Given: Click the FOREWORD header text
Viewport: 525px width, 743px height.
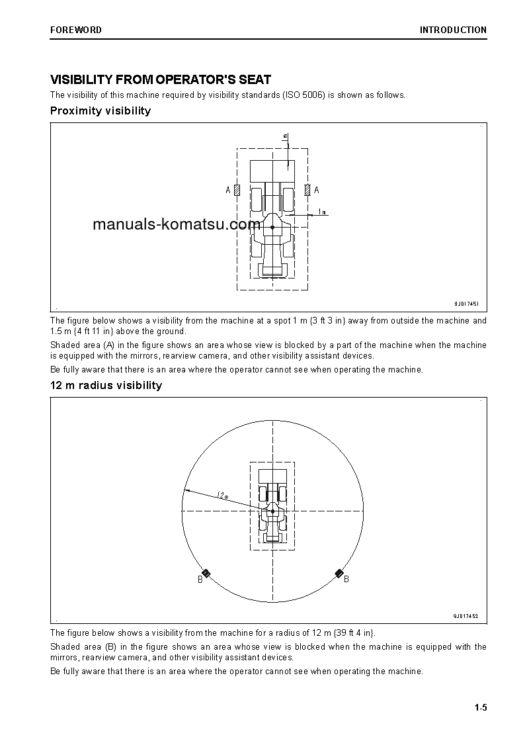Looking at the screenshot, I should pyautogui.click(x=75, y=30).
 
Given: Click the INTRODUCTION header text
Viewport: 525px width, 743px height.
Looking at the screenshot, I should pyautogui.click(x=453, y=30).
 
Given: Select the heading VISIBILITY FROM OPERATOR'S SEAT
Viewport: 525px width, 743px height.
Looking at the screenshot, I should pyautogui.click(x=161, y=79).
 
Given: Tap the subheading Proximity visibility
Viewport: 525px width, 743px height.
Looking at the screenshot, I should pyautogui.click(x=101, y=110).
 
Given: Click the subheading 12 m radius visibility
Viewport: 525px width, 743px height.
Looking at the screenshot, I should pyautogui.click(x=106, y=385).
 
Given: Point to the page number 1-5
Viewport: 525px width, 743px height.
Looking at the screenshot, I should pyautogui.click(x=480, y=708).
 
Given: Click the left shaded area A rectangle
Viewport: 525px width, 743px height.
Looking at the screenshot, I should pyautogui.click(x=237, y=190).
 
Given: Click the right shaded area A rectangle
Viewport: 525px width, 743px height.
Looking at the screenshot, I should pyautogui.click(x=307, y=190).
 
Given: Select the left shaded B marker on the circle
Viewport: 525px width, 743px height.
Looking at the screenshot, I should pyautogui.click(x=206, y=573).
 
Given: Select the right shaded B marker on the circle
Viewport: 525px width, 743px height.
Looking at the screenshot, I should pyautogui.click(x=339, y=573).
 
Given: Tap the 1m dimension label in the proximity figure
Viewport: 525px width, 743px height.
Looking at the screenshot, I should pyautogui.click(x=321, y=212).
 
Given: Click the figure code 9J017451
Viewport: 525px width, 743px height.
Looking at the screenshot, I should pyautogui.click(x=466, y=304).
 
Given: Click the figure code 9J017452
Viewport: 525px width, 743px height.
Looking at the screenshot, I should pyautogui.click(x=465, y=616).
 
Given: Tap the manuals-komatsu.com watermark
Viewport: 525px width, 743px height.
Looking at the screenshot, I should pyautogui.click(x=177, y=224).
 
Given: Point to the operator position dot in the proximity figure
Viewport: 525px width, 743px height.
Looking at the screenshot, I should pyautogui.click(x=272, y=227).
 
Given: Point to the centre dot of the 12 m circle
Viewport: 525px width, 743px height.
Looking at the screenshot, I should pyautogui.click(x=272, y=511).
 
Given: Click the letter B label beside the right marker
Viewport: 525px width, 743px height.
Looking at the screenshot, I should pyautogui.click(x=346, y=580).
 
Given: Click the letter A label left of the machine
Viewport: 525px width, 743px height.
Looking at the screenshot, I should pyautogui.click(x=228, y=191).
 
